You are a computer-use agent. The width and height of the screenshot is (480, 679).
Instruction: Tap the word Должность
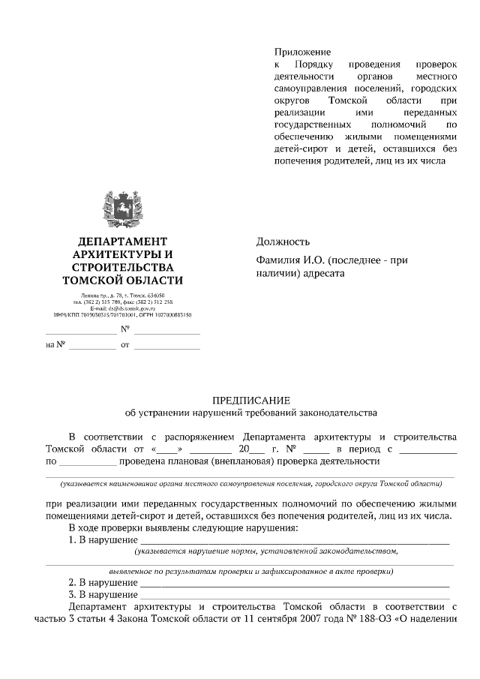(283, 242)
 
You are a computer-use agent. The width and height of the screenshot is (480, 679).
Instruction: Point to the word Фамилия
(278, 261)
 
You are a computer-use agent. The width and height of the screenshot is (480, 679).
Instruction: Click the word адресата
(322, 274)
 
